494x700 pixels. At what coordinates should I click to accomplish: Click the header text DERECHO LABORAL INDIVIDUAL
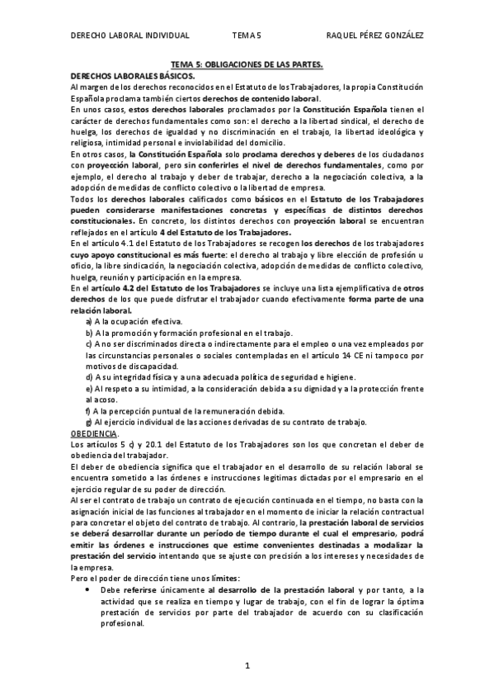(129, 35)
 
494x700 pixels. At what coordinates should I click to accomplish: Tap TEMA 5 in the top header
(246, 35)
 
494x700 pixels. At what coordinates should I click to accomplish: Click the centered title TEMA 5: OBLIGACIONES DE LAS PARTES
(247, 63)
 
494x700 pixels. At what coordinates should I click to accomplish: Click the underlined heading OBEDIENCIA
(95, 433)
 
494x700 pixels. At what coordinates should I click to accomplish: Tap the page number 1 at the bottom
(247, 665)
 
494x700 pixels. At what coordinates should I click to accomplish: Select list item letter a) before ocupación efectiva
(89, 320)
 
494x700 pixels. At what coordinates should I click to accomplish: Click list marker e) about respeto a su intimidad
(89, 388)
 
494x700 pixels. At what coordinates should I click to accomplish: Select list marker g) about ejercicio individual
(89, 422)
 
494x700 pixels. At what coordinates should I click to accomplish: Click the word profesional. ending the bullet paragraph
(123, 624)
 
